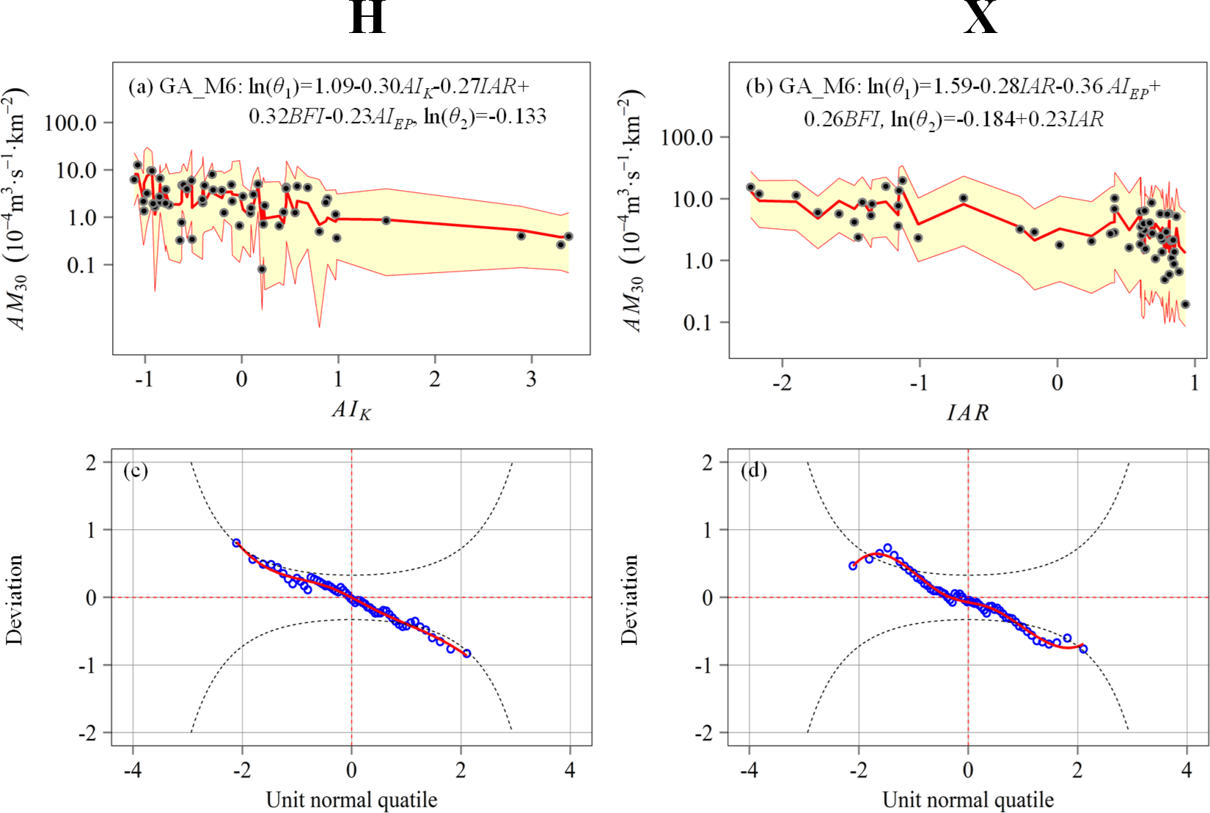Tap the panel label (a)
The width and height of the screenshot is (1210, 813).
(141, 87)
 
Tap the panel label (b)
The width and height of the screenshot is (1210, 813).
(759, 87)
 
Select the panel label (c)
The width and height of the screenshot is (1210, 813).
(136, 470)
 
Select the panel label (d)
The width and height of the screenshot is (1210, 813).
(754, 470)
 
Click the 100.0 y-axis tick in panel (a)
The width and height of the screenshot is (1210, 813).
(70, 123)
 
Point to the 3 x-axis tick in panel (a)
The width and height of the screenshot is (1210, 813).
(531, 379)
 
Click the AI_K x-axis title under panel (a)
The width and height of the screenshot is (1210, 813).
(351, 410)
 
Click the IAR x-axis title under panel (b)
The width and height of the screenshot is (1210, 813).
(968, 413)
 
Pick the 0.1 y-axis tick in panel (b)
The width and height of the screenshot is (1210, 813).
(697, 322)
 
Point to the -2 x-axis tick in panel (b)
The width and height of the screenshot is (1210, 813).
(782, 383)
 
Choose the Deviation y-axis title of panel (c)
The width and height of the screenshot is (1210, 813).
(15, 599)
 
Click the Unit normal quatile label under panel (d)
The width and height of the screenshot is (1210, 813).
(968, 799)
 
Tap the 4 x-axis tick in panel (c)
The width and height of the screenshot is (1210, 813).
(571, 770)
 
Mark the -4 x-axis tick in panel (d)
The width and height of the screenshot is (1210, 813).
(749, 770)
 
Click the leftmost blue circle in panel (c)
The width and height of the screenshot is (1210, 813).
(236, 543)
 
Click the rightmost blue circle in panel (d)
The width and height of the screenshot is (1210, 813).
(1083, 649)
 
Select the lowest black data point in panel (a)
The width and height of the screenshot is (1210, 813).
(262, 269)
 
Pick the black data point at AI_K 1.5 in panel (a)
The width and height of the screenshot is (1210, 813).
(386, 220)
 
